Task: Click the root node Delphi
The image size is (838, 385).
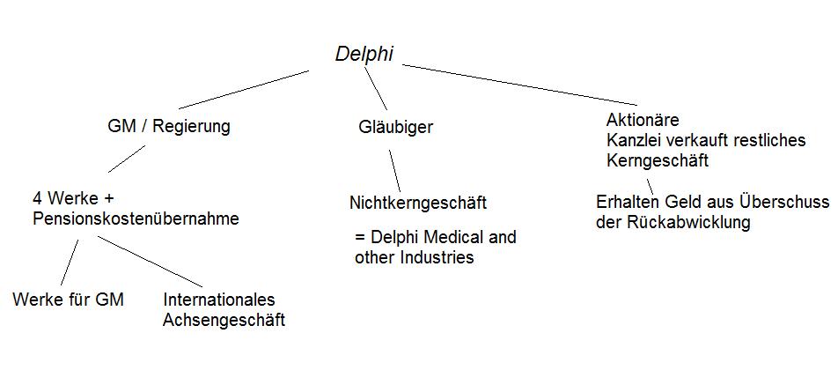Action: (364, 55)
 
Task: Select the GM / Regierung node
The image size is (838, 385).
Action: (168, 127)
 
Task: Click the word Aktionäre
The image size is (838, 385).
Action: (643, 120)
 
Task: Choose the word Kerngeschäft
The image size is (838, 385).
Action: (658, 161)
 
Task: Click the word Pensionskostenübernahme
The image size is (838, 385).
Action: (136, 219)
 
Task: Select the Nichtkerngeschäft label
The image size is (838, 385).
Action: (418, 204)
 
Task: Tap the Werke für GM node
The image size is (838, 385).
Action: (69, 300)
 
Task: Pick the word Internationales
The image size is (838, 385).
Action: (219, 300)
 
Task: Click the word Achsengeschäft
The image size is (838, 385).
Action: (224, 320)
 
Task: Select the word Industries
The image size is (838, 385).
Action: (431, 258)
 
